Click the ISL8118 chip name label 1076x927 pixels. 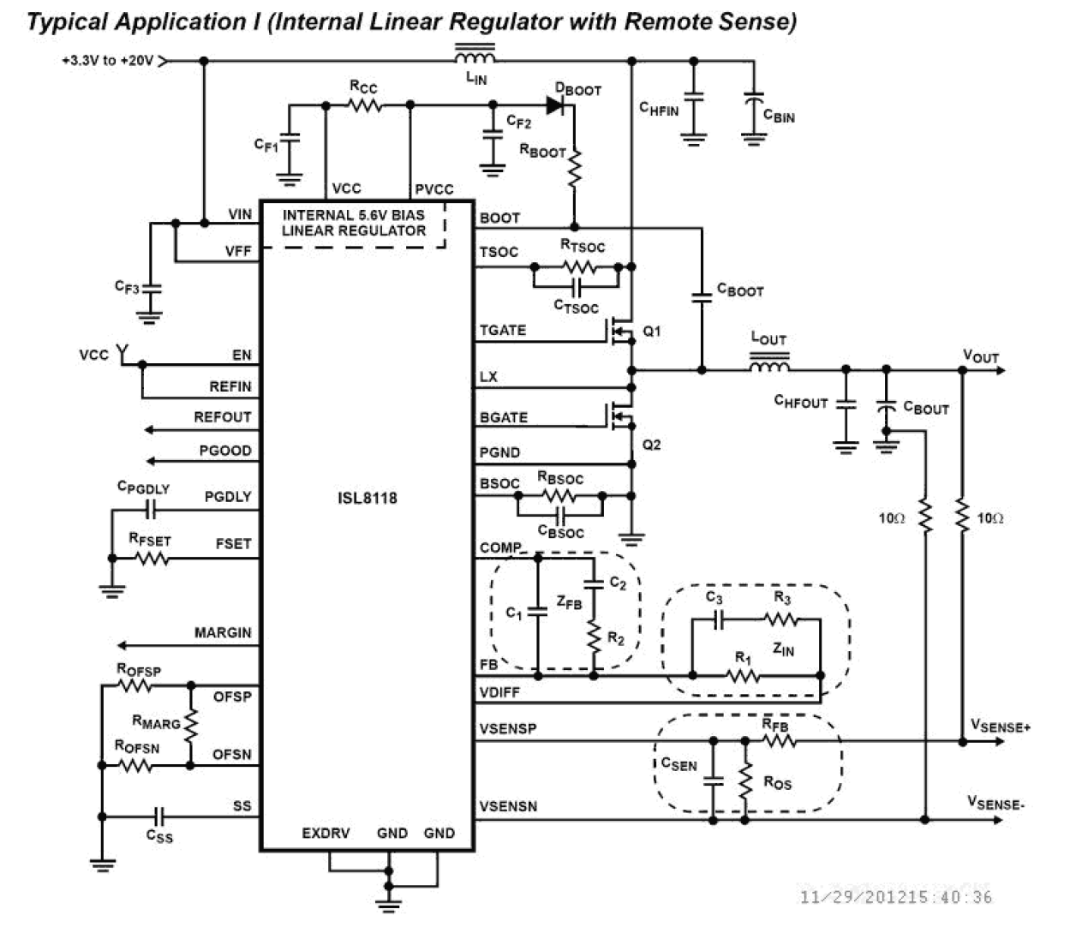point(367,498)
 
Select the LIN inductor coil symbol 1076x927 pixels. point(474,58)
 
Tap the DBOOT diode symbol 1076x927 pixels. point(555,105)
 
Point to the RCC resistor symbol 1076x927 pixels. point(366,105)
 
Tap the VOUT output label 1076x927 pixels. point(981,356)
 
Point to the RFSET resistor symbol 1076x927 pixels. point(151,558)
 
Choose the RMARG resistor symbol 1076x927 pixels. point(190,725)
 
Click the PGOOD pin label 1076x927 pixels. point(225,451)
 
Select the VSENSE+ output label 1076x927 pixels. point(1000,727)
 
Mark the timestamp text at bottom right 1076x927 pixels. point(895,897)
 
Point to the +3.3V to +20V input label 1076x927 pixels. point(107,61)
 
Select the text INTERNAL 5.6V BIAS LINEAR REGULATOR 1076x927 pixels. point(353,223)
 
